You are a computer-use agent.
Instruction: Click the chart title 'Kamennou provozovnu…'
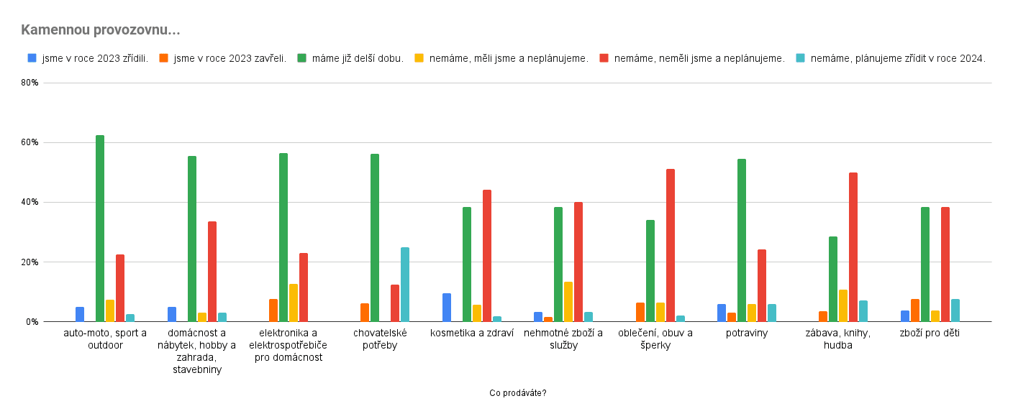tap(100, 30)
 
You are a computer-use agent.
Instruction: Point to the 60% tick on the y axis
tap(29, 142)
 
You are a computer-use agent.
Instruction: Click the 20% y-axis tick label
tap(29, 262)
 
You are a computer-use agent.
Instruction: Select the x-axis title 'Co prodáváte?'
tap(517, 393)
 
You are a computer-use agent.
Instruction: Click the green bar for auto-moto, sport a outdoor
tap(100, 228)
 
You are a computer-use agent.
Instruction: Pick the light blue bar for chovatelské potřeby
tap(405, 284)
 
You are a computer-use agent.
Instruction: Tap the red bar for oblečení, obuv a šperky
tap(671, 245)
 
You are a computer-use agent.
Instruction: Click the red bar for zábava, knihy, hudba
tap(853, 247)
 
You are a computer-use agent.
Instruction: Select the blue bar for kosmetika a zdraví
tap(447, 307)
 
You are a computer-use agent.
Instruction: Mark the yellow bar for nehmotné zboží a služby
tap(568, 301)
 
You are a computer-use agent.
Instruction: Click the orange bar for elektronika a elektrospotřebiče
tap(273, 310)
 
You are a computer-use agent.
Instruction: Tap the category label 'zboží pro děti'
tap(930, 333)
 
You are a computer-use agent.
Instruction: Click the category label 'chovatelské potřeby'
tap(380, 339)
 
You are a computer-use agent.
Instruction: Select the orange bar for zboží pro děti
tap(915, 310)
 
